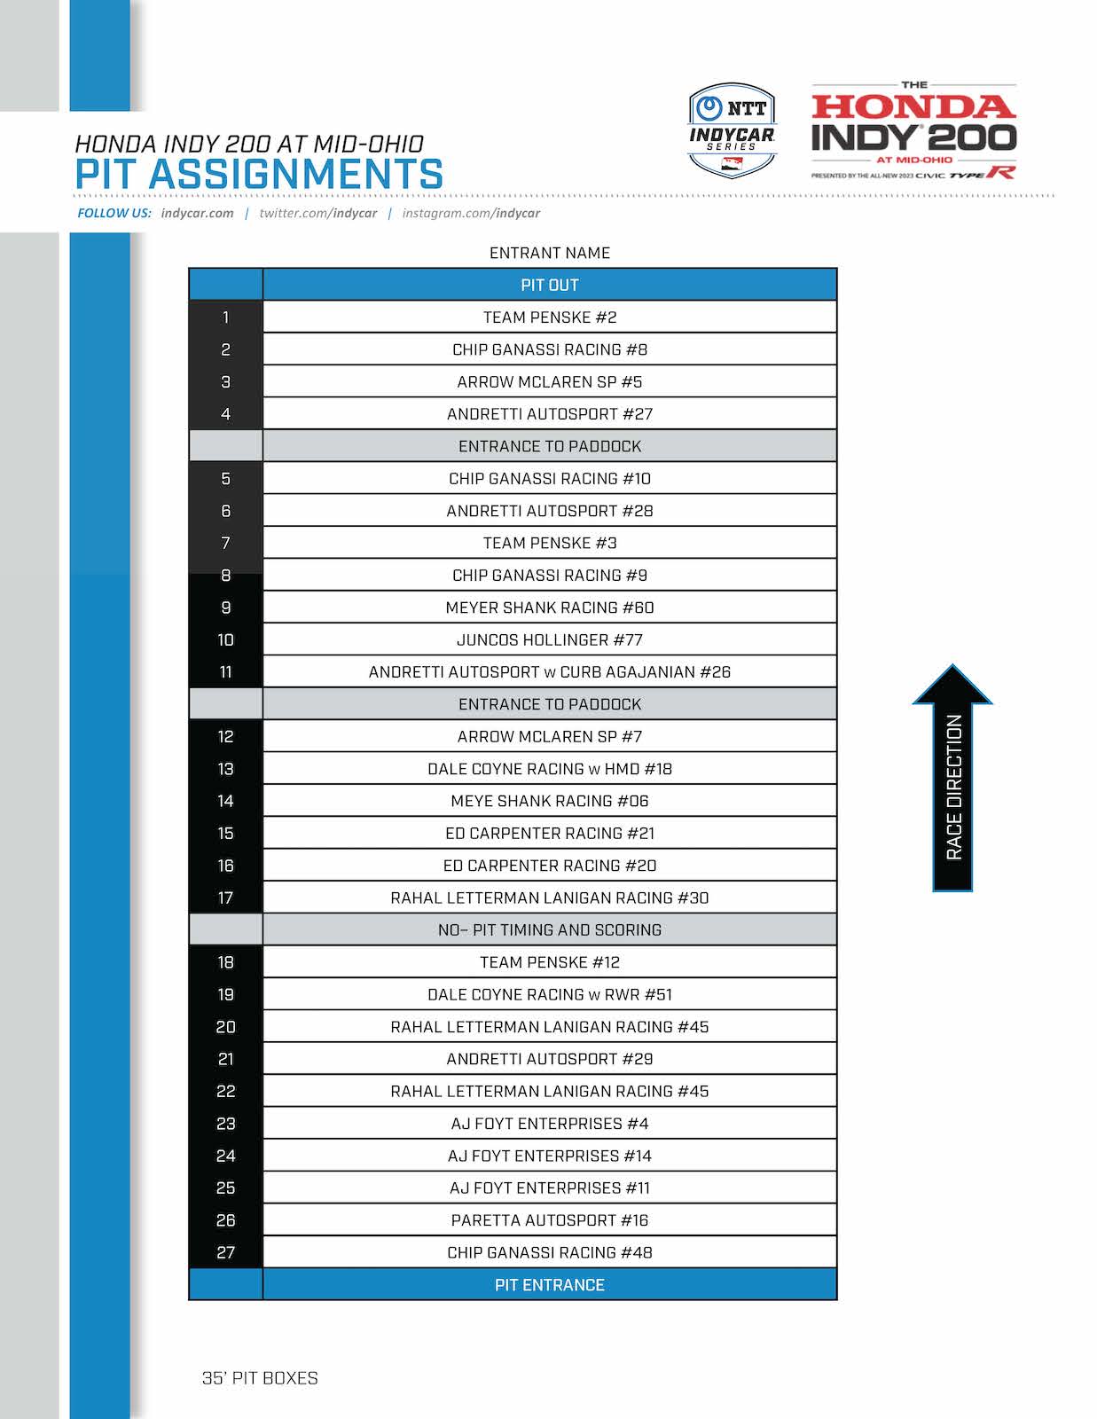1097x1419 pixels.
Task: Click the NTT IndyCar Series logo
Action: pos(732,129)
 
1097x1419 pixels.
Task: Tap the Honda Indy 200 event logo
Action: pos(913,131)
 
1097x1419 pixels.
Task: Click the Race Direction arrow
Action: pos(952,779)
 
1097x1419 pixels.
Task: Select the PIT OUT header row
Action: pos(549,285)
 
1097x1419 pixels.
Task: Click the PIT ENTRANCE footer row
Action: pos(549,1284)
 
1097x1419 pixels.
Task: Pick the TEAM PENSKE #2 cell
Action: pos(549,318)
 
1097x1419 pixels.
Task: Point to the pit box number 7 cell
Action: pos(225,543)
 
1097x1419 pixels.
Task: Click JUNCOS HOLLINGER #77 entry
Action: pos(549,639)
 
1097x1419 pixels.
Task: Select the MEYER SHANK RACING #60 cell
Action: pos(549,608)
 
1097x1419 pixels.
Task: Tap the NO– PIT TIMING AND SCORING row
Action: pos(549,929)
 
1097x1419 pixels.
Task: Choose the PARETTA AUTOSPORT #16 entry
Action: pos(549,1220)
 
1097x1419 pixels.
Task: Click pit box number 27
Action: pos(225,1252)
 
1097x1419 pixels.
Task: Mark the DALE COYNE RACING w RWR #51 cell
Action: pos(549,994)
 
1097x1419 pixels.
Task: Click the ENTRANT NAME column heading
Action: pos(549,253)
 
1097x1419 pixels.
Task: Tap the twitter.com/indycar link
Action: pos(317,213)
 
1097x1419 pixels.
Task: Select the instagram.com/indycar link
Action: pos(471,213)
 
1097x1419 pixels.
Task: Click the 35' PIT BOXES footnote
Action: pos(260,1378)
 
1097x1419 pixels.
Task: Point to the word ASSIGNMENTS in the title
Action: pos(295,174)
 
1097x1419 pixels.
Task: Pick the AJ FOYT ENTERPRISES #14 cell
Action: pos(549,1156)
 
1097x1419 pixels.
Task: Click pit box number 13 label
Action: pos(225,769)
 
